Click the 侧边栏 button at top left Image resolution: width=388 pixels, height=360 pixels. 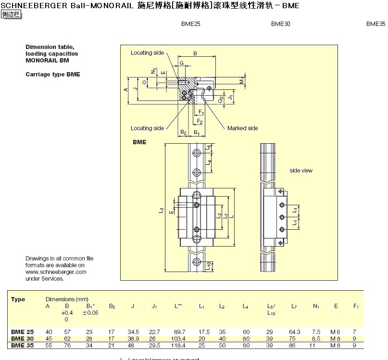coord(11,14)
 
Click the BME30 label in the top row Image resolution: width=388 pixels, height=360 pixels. coord(280,24)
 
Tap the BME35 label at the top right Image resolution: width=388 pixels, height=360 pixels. coord(375,24)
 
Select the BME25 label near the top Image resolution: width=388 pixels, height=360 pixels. coord(190,24)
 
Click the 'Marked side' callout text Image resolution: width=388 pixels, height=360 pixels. coord(242,128)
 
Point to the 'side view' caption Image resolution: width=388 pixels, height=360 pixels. coord(301,171)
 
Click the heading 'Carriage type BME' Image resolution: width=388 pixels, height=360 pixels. coord(52,74)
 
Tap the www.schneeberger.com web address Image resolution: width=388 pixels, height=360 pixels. coord(56,272)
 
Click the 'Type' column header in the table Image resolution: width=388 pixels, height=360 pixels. coord(18,299)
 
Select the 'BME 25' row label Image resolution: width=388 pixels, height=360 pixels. coord(23,332)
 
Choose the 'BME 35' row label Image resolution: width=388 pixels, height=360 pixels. coord(23,345)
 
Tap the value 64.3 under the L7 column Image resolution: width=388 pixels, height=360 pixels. coord(295,332)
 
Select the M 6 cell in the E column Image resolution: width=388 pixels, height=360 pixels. coord(336,332)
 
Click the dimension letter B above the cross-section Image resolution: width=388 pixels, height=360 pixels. coord(195,53)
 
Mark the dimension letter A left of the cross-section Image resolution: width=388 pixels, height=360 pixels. coord(125,90)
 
